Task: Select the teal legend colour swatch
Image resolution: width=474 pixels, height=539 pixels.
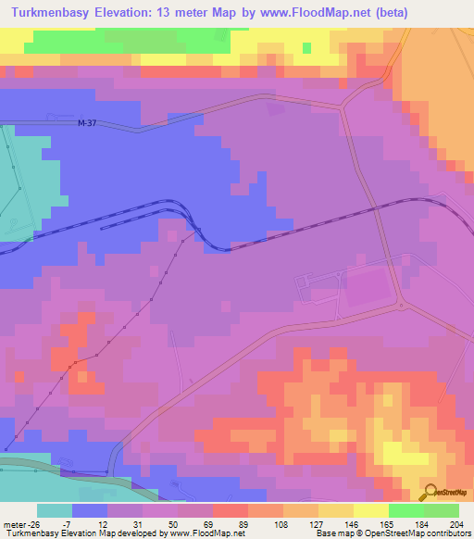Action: [55, 510]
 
